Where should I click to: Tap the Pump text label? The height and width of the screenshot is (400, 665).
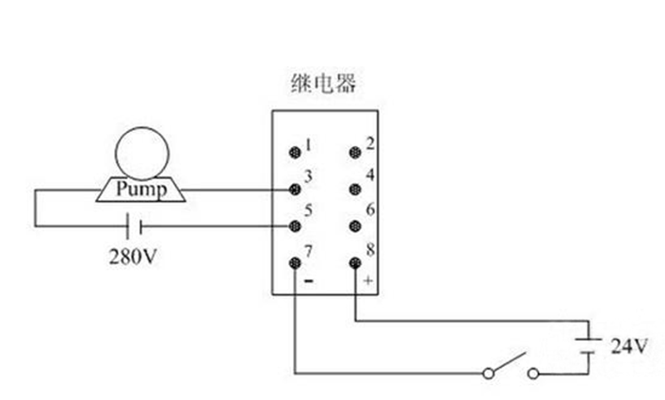pos(141,190)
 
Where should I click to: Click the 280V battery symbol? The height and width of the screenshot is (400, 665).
pos(138,226)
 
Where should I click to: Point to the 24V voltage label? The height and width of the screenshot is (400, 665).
pos(629,346)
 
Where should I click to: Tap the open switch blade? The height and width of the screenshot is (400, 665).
pos(510,363)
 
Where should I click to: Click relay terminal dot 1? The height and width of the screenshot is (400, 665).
pos(295,151)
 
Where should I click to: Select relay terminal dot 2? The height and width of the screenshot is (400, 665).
pos(355,151)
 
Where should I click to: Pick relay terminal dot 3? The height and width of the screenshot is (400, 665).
pos(295,189)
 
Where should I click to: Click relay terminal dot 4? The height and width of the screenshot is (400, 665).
pos(355,189)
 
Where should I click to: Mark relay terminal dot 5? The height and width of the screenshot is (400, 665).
pos(295,226)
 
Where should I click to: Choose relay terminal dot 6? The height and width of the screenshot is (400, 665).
pos(355,226)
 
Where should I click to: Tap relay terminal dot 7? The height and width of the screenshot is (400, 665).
pos(295,264)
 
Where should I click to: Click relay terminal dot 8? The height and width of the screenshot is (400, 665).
pos(355,264)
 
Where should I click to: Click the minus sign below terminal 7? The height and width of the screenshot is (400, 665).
pos(307,281)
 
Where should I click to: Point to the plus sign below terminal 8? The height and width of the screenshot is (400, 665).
pos(368,281)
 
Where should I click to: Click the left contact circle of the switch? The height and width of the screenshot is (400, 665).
pos(488,374)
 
